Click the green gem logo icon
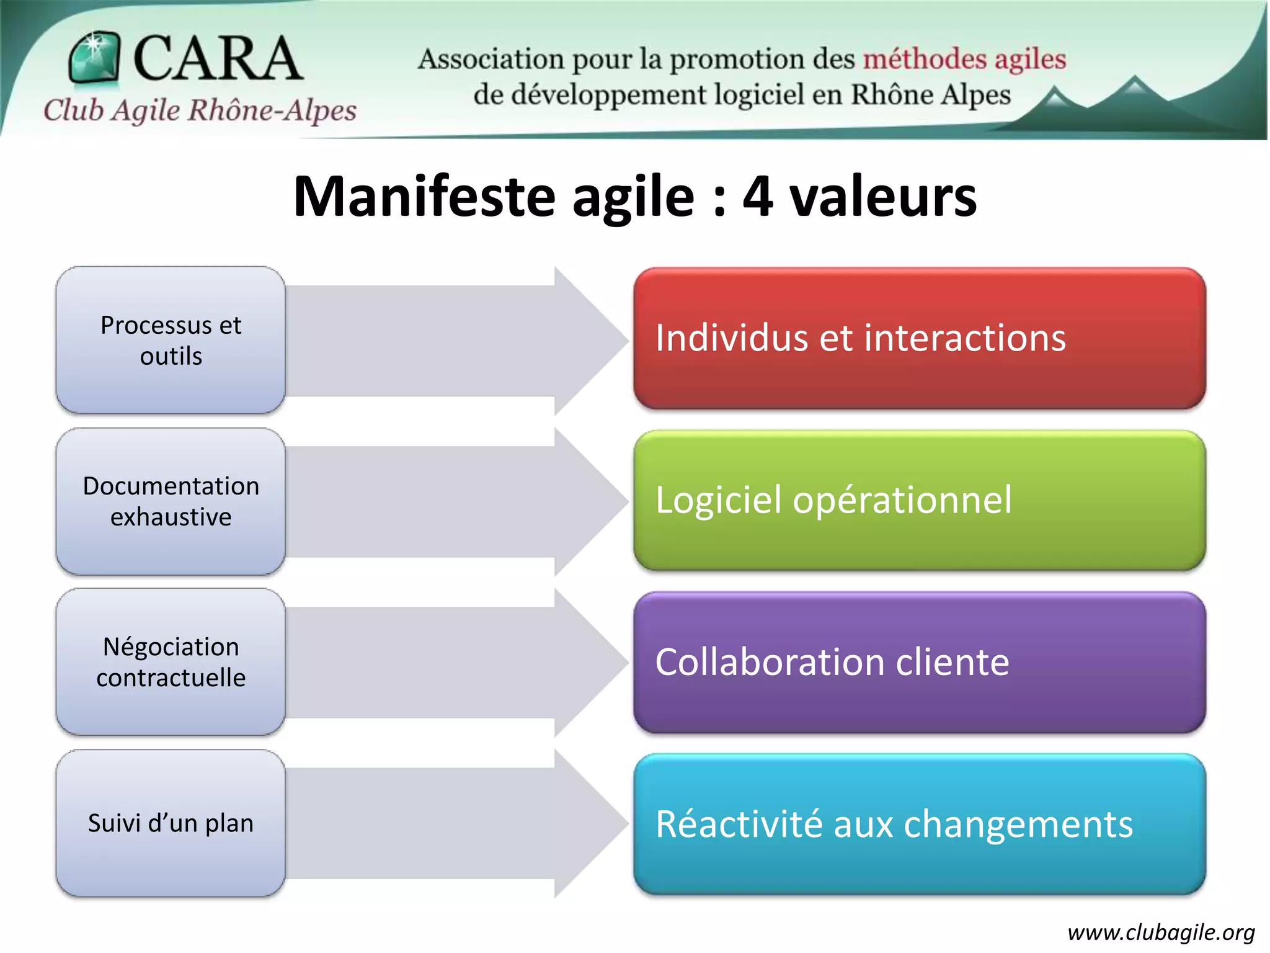94,57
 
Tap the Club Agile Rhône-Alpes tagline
200,110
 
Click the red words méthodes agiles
964,60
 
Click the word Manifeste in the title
424,197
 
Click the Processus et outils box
171,340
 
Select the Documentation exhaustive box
171,501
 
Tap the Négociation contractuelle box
171,661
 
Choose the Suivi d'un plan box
171,823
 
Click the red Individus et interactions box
919,338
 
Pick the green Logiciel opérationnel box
919,500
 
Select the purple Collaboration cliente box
919,662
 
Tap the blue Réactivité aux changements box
919,824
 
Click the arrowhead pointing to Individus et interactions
586,341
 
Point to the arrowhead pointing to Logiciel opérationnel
586,501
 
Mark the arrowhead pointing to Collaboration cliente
586,662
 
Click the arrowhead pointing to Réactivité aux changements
586,823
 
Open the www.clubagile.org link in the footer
1161,932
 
